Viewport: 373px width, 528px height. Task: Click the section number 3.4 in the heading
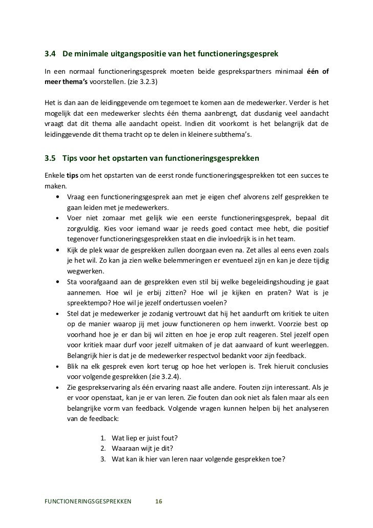(x=51, y=54)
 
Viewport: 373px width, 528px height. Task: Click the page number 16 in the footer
(x=158, y=501)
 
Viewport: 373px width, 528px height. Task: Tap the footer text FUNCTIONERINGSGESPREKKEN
(x=88, y=501)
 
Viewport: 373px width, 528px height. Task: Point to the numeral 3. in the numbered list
(x=103, y=458)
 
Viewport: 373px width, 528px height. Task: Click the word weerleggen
(x=309, y=345)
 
